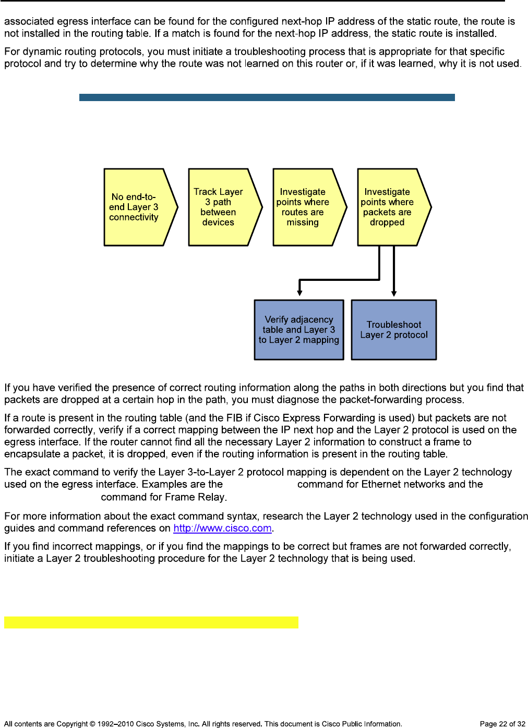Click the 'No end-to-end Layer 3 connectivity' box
[x=135, y=207]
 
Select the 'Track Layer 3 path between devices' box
[x=219, y=207]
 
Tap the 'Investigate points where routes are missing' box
[x=304, y=207]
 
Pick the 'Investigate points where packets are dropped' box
[x=388, y=207]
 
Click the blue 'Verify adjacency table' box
[x=299, y=329]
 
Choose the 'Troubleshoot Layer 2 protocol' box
[x=394, y=329]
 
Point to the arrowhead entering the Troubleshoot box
[x=394, y=294]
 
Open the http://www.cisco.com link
[x=222, y=528]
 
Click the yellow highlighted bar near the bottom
[x=151, y=622]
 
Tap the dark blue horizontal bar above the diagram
[x=267, y=97]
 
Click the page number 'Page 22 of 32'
[x=502, y=724]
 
